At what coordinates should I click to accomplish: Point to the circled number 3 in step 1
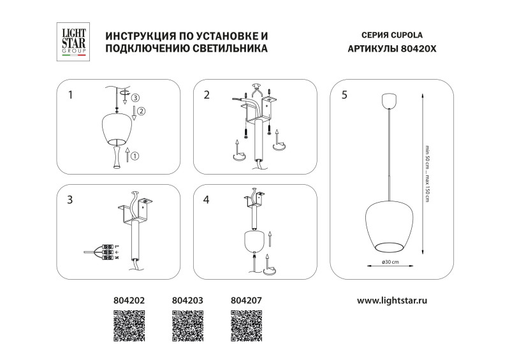(135, 97)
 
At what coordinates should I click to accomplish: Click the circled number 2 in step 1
(142, 112)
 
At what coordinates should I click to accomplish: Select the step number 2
(207, 96)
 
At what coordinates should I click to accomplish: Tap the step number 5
(344, 96)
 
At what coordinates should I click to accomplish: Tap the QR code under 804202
(130, 325)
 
